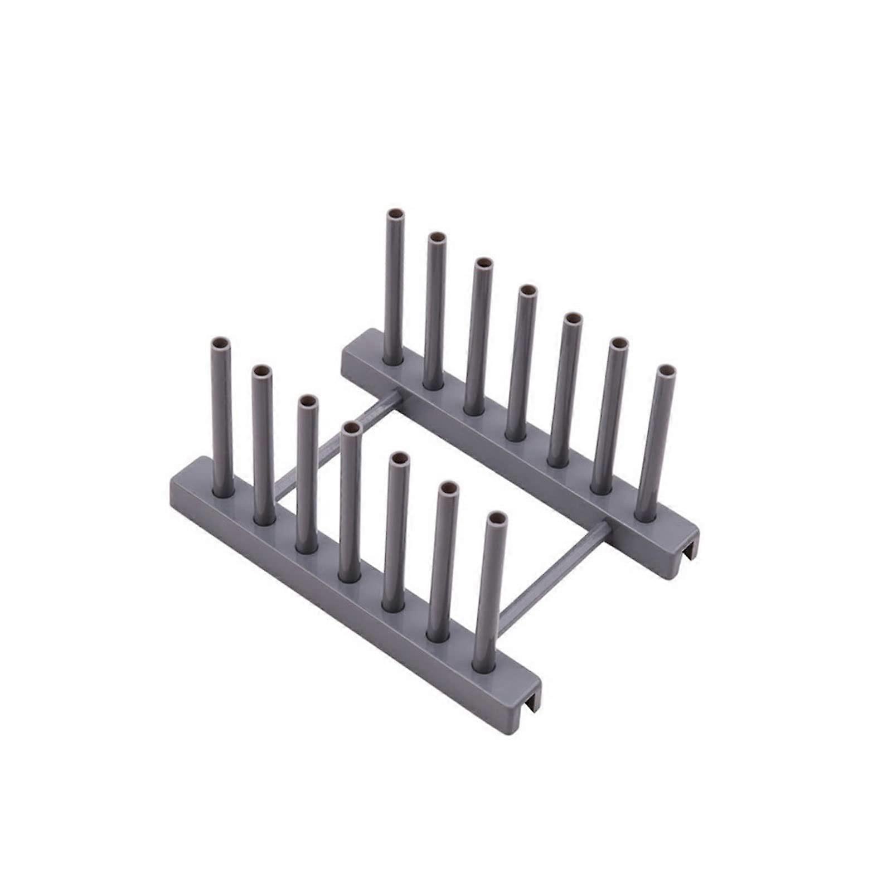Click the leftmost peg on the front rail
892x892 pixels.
(x=221, y=418)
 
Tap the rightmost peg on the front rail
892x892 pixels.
(x=489, y=591)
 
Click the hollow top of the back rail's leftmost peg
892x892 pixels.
(x=395, y=214)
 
